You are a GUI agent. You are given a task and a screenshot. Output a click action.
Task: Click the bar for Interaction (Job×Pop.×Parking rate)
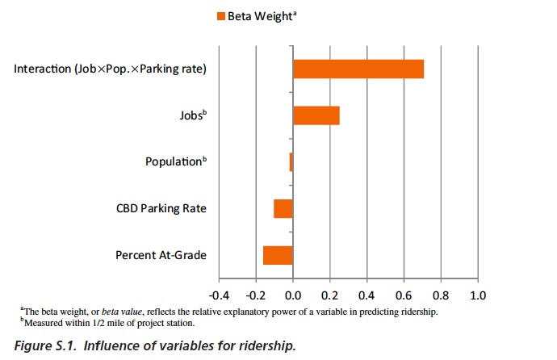click(358, 69)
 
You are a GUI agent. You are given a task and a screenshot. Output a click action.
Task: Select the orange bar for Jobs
click(316, 115)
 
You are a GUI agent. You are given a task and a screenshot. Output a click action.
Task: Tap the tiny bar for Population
click(291, 162)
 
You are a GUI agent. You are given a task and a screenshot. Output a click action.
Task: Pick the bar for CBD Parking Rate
click(283, 208)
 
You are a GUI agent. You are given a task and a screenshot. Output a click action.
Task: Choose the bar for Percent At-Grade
click(278, 255)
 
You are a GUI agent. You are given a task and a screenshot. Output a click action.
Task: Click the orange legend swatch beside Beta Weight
click(220, 15)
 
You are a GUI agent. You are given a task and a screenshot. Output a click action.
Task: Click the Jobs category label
click(192, 115)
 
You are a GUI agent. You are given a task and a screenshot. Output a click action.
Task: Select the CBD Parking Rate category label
click(161, 208)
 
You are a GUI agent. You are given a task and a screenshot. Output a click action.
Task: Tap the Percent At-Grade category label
click(161, 255)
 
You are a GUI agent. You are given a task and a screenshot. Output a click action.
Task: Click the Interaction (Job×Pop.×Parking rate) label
click(111, 69)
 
